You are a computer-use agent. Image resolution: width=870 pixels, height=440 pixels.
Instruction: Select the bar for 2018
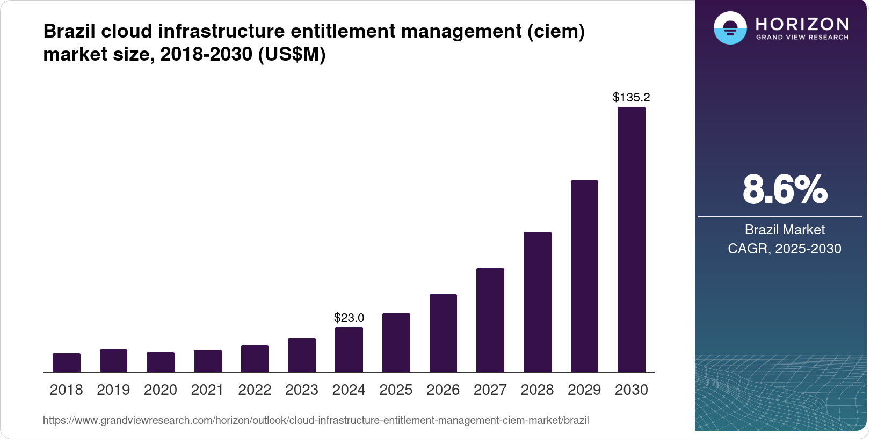[x=67, y=363]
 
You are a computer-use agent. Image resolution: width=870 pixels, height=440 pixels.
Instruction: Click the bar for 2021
[x=208, y=361]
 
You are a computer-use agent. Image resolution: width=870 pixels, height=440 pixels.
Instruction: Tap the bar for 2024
[x=349, y=350]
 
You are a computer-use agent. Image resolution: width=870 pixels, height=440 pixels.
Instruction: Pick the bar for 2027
[x=490, y=320]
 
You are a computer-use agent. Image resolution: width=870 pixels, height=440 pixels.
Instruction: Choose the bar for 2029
[x=584, y=276]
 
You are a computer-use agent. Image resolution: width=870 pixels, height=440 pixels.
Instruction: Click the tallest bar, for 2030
[x=632, y=240]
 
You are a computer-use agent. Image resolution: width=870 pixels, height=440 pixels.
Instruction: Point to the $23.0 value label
[x=349, y=318]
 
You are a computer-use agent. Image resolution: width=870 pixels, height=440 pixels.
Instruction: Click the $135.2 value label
[x=632, y=97]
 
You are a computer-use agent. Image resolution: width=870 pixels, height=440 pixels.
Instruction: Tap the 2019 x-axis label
[x=113, y=390]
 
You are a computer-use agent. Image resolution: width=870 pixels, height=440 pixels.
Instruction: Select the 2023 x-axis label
[x=302, y=390]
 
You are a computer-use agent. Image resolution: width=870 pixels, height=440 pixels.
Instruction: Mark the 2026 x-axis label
[x=443, y=390]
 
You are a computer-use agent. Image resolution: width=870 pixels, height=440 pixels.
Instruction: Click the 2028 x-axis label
[x=537, y=390]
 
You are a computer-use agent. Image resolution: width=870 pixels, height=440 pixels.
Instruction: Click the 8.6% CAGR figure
[x=785, y=189]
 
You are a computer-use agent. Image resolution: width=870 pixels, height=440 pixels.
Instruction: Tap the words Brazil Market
[x=785, y=230]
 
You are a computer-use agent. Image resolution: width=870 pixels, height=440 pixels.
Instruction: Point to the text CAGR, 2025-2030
[x=785, y=248]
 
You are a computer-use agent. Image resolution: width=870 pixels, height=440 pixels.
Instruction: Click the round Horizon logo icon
[x=730, y=28]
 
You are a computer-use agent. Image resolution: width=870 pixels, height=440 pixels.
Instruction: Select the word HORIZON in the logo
[x=802, y=24]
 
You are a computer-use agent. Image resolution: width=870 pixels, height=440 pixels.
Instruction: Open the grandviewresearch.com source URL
[x=316, y=420]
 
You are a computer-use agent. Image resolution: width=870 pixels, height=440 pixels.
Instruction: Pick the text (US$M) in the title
[x=292, y=54]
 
